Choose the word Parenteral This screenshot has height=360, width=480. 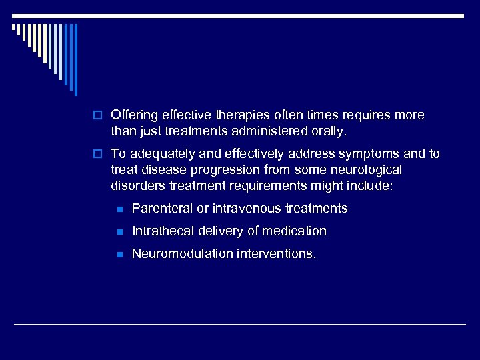coord(162,209)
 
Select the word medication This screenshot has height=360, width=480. coord(294,231)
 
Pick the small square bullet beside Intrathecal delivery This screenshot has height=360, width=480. coord(119,232)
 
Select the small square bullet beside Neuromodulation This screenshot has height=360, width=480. coord(119,255)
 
